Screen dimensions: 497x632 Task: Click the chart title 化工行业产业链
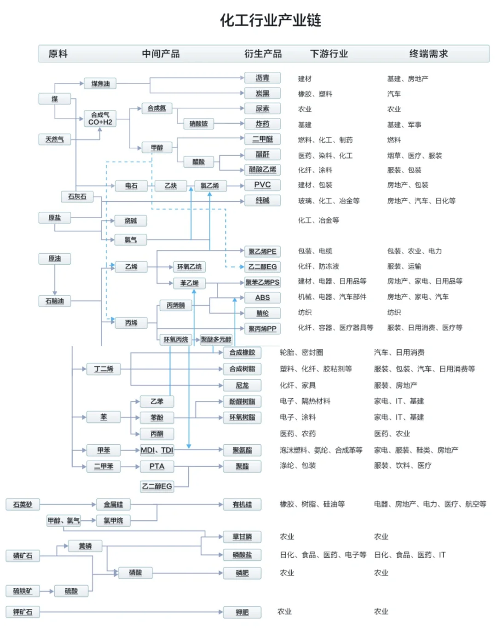[270, 20]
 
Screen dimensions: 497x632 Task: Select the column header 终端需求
[428, 54]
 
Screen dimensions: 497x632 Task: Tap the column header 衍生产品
[263, 54]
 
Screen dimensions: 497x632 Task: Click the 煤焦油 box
[100, 84]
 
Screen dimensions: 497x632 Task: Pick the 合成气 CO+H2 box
[100, 118]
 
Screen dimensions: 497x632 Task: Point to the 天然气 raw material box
[55, 139]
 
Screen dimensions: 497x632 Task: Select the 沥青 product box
[262, 78]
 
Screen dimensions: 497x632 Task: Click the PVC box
[262, 185]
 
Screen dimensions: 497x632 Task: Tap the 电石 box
[131, 186]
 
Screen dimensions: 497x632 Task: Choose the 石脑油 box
[55, 301]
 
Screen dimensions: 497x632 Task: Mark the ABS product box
[262, 298]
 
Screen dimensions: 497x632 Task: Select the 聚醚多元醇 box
[216, 340]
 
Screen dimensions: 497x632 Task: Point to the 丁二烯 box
[104, 369]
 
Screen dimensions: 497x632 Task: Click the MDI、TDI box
[157, 450]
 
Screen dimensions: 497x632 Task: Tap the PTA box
[157, 466]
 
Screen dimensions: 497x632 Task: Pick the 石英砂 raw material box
[23, 504]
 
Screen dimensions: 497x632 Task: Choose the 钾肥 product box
[242, 612]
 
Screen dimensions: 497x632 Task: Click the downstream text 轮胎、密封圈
[301, 353]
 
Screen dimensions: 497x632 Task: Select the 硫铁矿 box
[23, 591]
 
